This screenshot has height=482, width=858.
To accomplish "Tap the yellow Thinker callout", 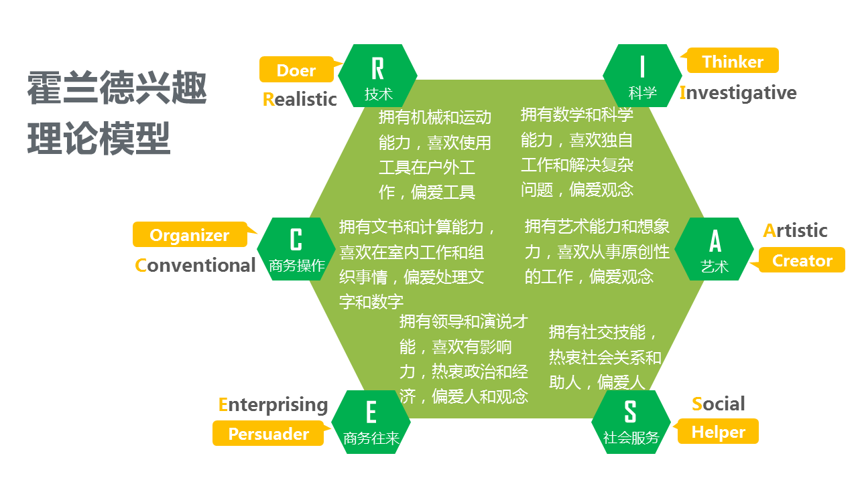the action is coord(733,61).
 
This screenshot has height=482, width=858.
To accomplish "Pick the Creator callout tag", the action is coord(802,260).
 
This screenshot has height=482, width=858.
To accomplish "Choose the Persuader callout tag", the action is coord(268,434).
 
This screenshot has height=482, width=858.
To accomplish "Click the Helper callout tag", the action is coord(718,432).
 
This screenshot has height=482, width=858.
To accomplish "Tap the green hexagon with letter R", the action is coord(377,75).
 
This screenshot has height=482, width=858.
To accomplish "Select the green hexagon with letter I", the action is coord(642,75).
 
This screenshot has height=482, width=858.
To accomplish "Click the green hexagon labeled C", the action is coord(296,248).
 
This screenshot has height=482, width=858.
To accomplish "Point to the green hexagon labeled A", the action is coord(715,248).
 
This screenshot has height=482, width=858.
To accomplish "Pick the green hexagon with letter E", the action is coord(371,422).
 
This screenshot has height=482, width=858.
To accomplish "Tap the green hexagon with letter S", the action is coord(631,422).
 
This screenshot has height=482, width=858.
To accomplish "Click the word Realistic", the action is coord(300,99).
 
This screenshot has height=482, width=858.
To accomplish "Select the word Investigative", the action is coord(738,92).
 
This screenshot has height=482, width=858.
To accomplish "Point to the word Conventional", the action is coord(195,265).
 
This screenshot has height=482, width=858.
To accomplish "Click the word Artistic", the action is coord(795,230).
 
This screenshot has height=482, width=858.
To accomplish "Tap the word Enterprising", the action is coord(273,404).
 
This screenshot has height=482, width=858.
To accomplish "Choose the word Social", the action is coord(718,404).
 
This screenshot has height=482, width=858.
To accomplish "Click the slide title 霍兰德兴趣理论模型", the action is coord(117,114).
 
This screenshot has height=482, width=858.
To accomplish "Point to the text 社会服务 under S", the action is coord(631,438).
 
